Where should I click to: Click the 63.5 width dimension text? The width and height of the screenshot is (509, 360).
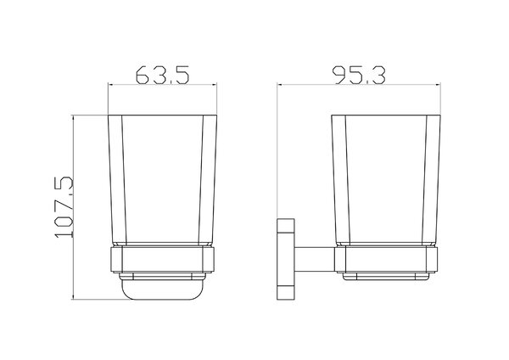tap(162, 75)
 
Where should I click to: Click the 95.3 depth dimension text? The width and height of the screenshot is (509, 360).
tap(360, 75)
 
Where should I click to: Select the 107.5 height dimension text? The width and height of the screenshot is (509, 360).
tap(64, 206)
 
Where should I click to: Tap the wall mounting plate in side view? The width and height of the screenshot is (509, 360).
tap(286, 259)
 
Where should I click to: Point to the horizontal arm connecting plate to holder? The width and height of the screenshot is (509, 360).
tap(315, 259)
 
